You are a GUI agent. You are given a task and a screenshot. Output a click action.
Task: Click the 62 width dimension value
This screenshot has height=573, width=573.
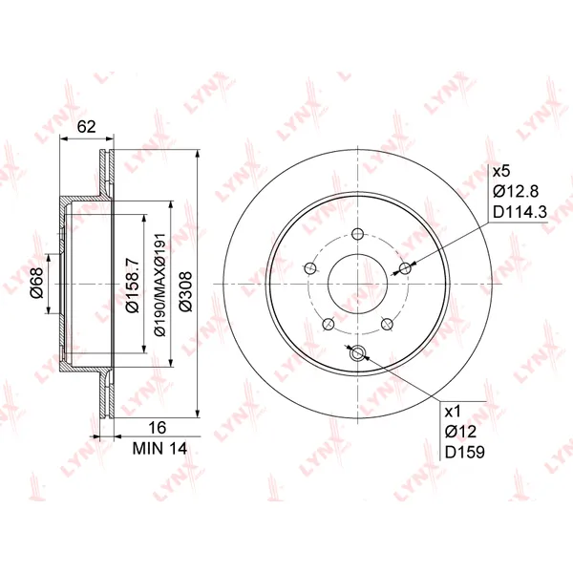click(87, 126)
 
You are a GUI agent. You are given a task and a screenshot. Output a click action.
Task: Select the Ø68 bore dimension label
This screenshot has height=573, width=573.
click(37, 283)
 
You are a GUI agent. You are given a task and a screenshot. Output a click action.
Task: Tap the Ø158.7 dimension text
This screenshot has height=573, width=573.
click(133, 285)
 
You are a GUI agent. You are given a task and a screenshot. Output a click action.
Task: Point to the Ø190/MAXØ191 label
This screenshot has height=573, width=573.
click(159, 285)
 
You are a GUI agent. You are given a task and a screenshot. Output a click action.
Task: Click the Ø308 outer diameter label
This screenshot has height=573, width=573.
click(185, 291)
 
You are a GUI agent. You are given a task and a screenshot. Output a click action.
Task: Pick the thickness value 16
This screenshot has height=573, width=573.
click(158, 427)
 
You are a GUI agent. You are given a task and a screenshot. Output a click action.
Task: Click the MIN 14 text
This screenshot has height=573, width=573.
click(159, 449)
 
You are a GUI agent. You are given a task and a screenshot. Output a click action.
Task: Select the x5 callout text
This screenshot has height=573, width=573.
click(501, 171)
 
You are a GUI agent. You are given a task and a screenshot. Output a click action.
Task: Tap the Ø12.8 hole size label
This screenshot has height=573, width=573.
click(516, 191)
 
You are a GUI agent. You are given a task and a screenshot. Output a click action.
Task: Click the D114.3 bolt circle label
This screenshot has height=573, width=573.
click(520, 212)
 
